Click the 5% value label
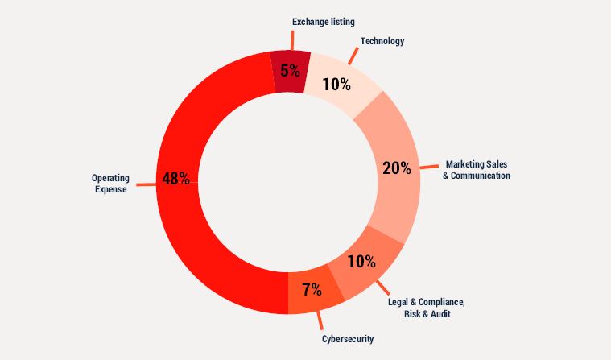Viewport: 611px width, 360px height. tap(290, 70)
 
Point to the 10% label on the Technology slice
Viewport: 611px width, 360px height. tap(336, 84)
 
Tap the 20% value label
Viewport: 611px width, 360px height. tap(396, 168)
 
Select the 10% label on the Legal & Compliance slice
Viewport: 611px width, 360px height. tap(361, 261)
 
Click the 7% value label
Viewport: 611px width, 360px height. tap(312, 288)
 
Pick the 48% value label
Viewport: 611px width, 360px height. tap(175, 179)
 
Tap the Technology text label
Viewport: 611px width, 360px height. tap(382, 40)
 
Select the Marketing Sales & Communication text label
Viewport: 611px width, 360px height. tap(477, 169)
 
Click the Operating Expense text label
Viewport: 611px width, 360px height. tap(109, 184)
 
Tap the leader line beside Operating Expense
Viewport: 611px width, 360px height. tap(145, 184)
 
